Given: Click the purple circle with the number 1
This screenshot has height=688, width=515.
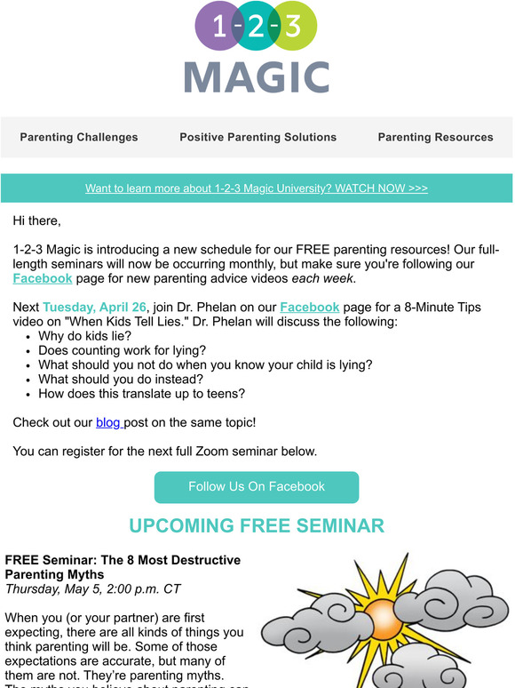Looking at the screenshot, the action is click(x=218, y=28).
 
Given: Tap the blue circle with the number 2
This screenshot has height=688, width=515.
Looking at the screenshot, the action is click(x=257, y=28).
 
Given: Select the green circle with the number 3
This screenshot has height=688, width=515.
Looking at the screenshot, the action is click(x=295, y=28).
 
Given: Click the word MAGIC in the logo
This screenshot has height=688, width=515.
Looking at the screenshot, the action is click(x=257, y=76).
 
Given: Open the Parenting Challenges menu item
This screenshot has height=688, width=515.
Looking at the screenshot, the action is click(x=79, y=137).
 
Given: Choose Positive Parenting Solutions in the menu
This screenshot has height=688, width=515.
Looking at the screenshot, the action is click(x=257, y=137).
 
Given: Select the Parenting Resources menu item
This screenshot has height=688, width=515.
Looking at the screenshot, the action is click(x=435, y=137).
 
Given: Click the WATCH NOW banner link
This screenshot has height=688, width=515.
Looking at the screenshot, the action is click(x=257, y=188).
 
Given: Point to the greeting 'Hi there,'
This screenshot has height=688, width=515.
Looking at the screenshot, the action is click(x=37, y=220).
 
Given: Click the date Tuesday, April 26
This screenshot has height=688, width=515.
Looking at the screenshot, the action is click(x=94, y=307).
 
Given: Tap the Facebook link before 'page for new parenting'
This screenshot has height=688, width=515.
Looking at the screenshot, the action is click(x=43, y=278).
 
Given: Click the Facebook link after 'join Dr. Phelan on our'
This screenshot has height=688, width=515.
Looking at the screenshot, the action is click(x=309, y=307).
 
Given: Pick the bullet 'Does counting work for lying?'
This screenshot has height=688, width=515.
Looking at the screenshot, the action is click(x=122, y=350).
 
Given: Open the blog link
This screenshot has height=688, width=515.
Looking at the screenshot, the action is click(x=108, y=422).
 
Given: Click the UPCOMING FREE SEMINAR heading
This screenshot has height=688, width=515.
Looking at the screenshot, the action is click(x=257, y=525).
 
